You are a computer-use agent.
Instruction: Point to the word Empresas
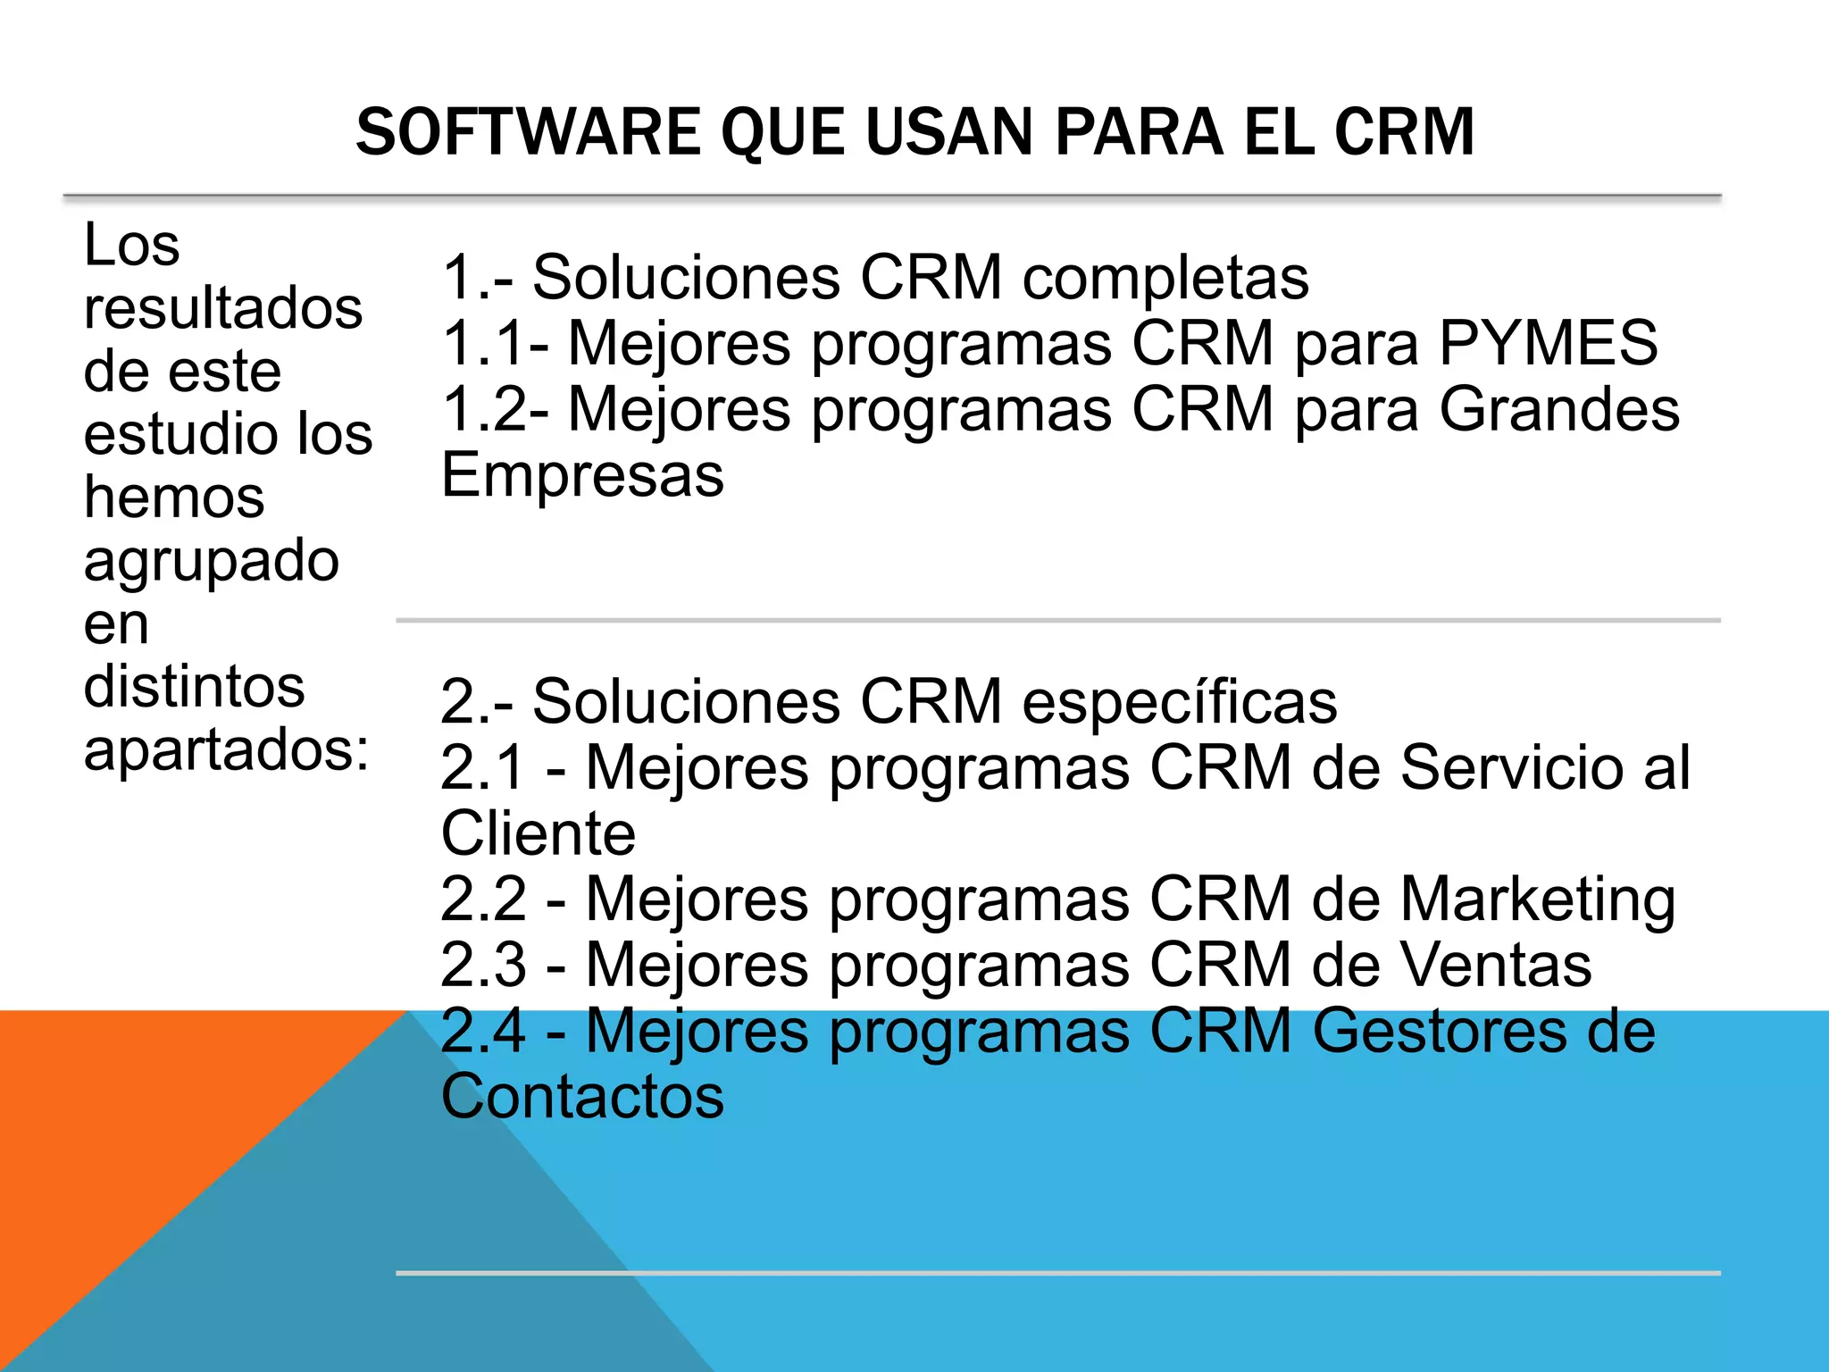point(582,475)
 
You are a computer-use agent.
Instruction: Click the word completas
point(1165,277)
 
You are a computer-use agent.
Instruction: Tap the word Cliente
point(539,833)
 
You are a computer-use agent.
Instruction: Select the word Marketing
point(1538,899)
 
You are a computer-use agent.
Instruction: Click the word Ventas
point(1496,965)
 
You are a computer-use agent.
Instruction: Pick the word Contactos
point(582,1097)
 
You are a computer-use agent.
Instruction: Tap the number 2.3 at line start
point(484,965)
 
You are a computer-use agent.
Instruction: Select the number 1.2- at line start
point(496,409)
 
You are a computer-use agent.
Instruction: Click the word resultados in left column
point(223,308)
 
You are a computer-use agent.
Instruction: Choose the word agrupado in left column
point(212,561)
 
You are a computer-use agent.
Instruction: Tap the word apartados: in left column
point(227,749)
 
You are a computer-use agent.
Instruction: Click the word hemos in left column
point(174,498)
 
